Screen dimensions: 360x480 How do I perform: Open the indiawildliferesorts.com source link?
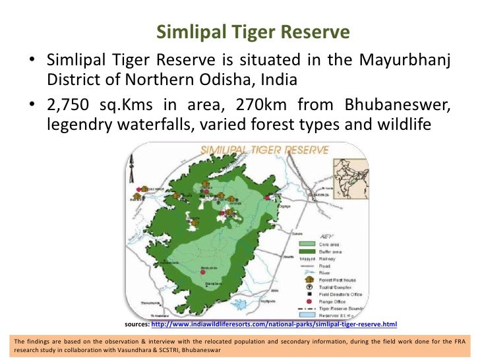(274, 324)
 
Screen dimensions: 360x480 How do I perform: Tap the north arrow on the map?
(132, 165)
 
